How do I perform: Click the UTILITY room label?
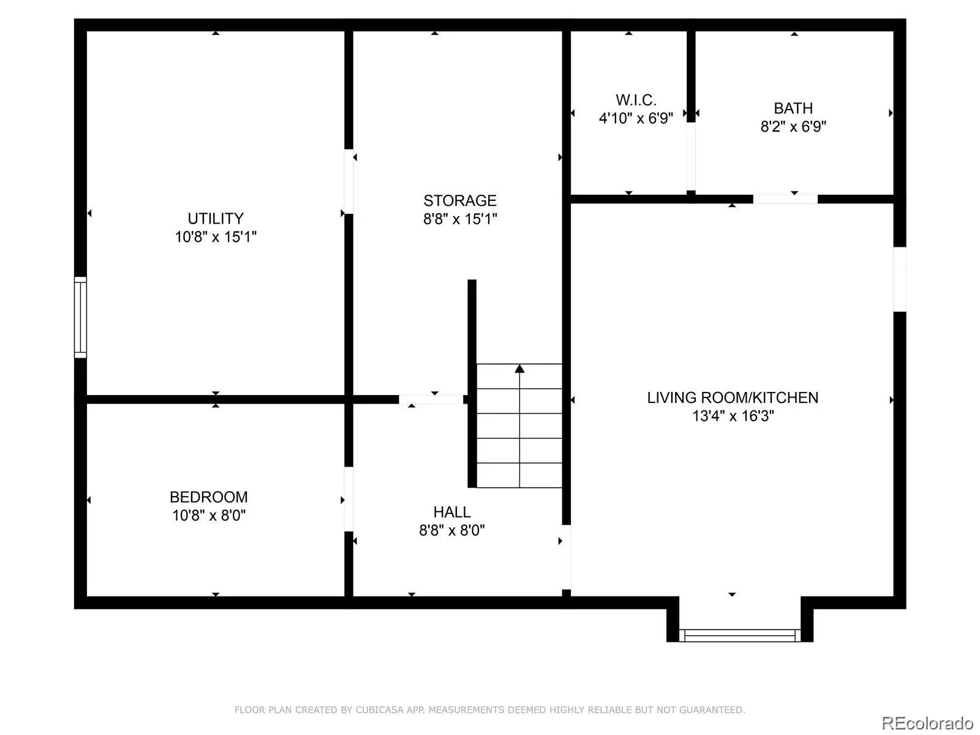pyautogui.click(x=215, y=218)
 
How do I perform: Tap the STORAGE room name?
pyautogui.click(x=459, y=200)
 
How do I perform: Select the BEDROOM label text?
pyautogui.click(x=208, y=497)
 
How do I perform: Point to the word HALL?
pyautogui.click(x=451, y=511)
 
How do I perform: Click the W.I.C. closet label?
pyautogui.click(x=635, y=99)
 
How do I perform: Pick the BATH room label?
pyautogui.click(x=793, y=108)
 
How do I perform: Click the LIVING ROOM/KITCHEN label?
pyautogui.click(x=732, y=397)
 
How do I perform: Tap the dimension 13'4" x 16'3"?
pyautogui.click(x=733, y=415)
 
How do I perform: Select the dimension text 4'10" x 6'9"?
pyautogui.click(x=635, y=118)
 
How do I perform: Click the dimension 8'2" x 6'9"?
pyautogui.click(x=793, y=126)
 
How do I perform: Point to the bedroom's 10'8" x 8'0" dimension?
pyautogui.click(x=208, y=515)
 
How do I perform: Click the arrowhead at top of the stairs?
pyautogui.click(x=519, y=369)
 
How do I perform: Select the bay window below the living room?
pyautogui.click(x=739, y=635)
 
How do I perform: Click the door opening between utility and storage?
pyautogui.click(x=349, y=181)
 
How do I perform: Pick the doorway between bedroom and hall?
pyautogui.click(x=349, y=499)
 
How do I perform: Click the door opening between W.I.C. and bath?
pyautogui.click(x=691, y=156)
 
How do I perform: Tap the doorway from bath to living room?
pyautogui.click(x=785, y=199)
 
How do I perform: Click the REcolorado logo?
pyautogui.click(x=927, y=723)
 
